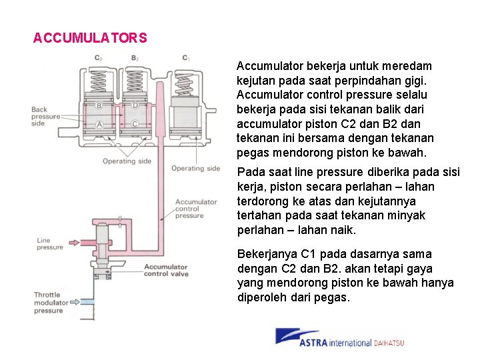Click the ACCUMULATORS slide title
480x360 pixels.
(x=90, y=38)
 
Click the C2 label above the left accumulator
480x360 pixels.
(x=98, y=58)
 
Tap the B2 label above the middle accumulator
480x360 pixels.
(x=135, y=58)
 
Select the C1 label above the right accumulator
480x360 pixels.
(x=186, y=58)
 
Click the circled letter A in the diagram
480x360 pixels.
(x=99, y=125)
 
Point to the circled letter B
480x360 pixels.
(x=99, y=105)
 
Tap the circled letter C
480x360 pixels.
(x=136, y=124)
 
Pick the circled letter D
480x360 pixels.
(x=135, y=105)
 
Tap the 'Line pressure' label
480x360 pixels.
(x=49, y=244)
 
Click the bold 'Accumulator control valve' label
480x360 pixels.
(x=166, y=271)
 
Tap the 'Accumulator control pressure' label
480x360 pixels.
(x=196, y=209)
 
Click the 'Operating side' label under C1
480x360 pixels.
(x=195, y=169)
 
